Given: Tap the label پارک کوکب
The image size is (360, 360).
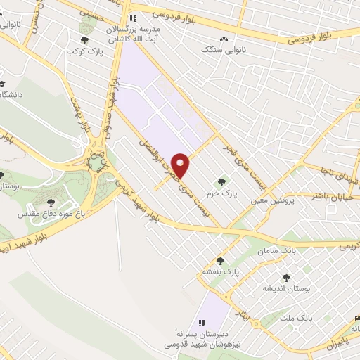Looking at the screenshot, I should click(x=81, y=51).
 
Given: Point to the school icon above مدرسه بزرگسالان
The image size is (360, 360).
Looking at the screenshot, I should click(x=131, y=18).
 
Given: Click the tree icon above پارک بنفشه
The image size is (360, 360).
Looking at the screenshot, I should click(x=220, y=260).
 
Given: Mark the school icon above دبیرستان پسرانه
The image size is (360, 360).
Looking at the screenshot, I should click(x=201, y=323).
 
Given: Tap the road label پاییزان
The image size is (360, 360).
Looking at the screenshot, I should click(x=339, y=342).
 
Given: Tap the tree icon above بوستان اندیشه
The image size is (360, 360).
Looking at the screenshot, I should click(x=285, y=278).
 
